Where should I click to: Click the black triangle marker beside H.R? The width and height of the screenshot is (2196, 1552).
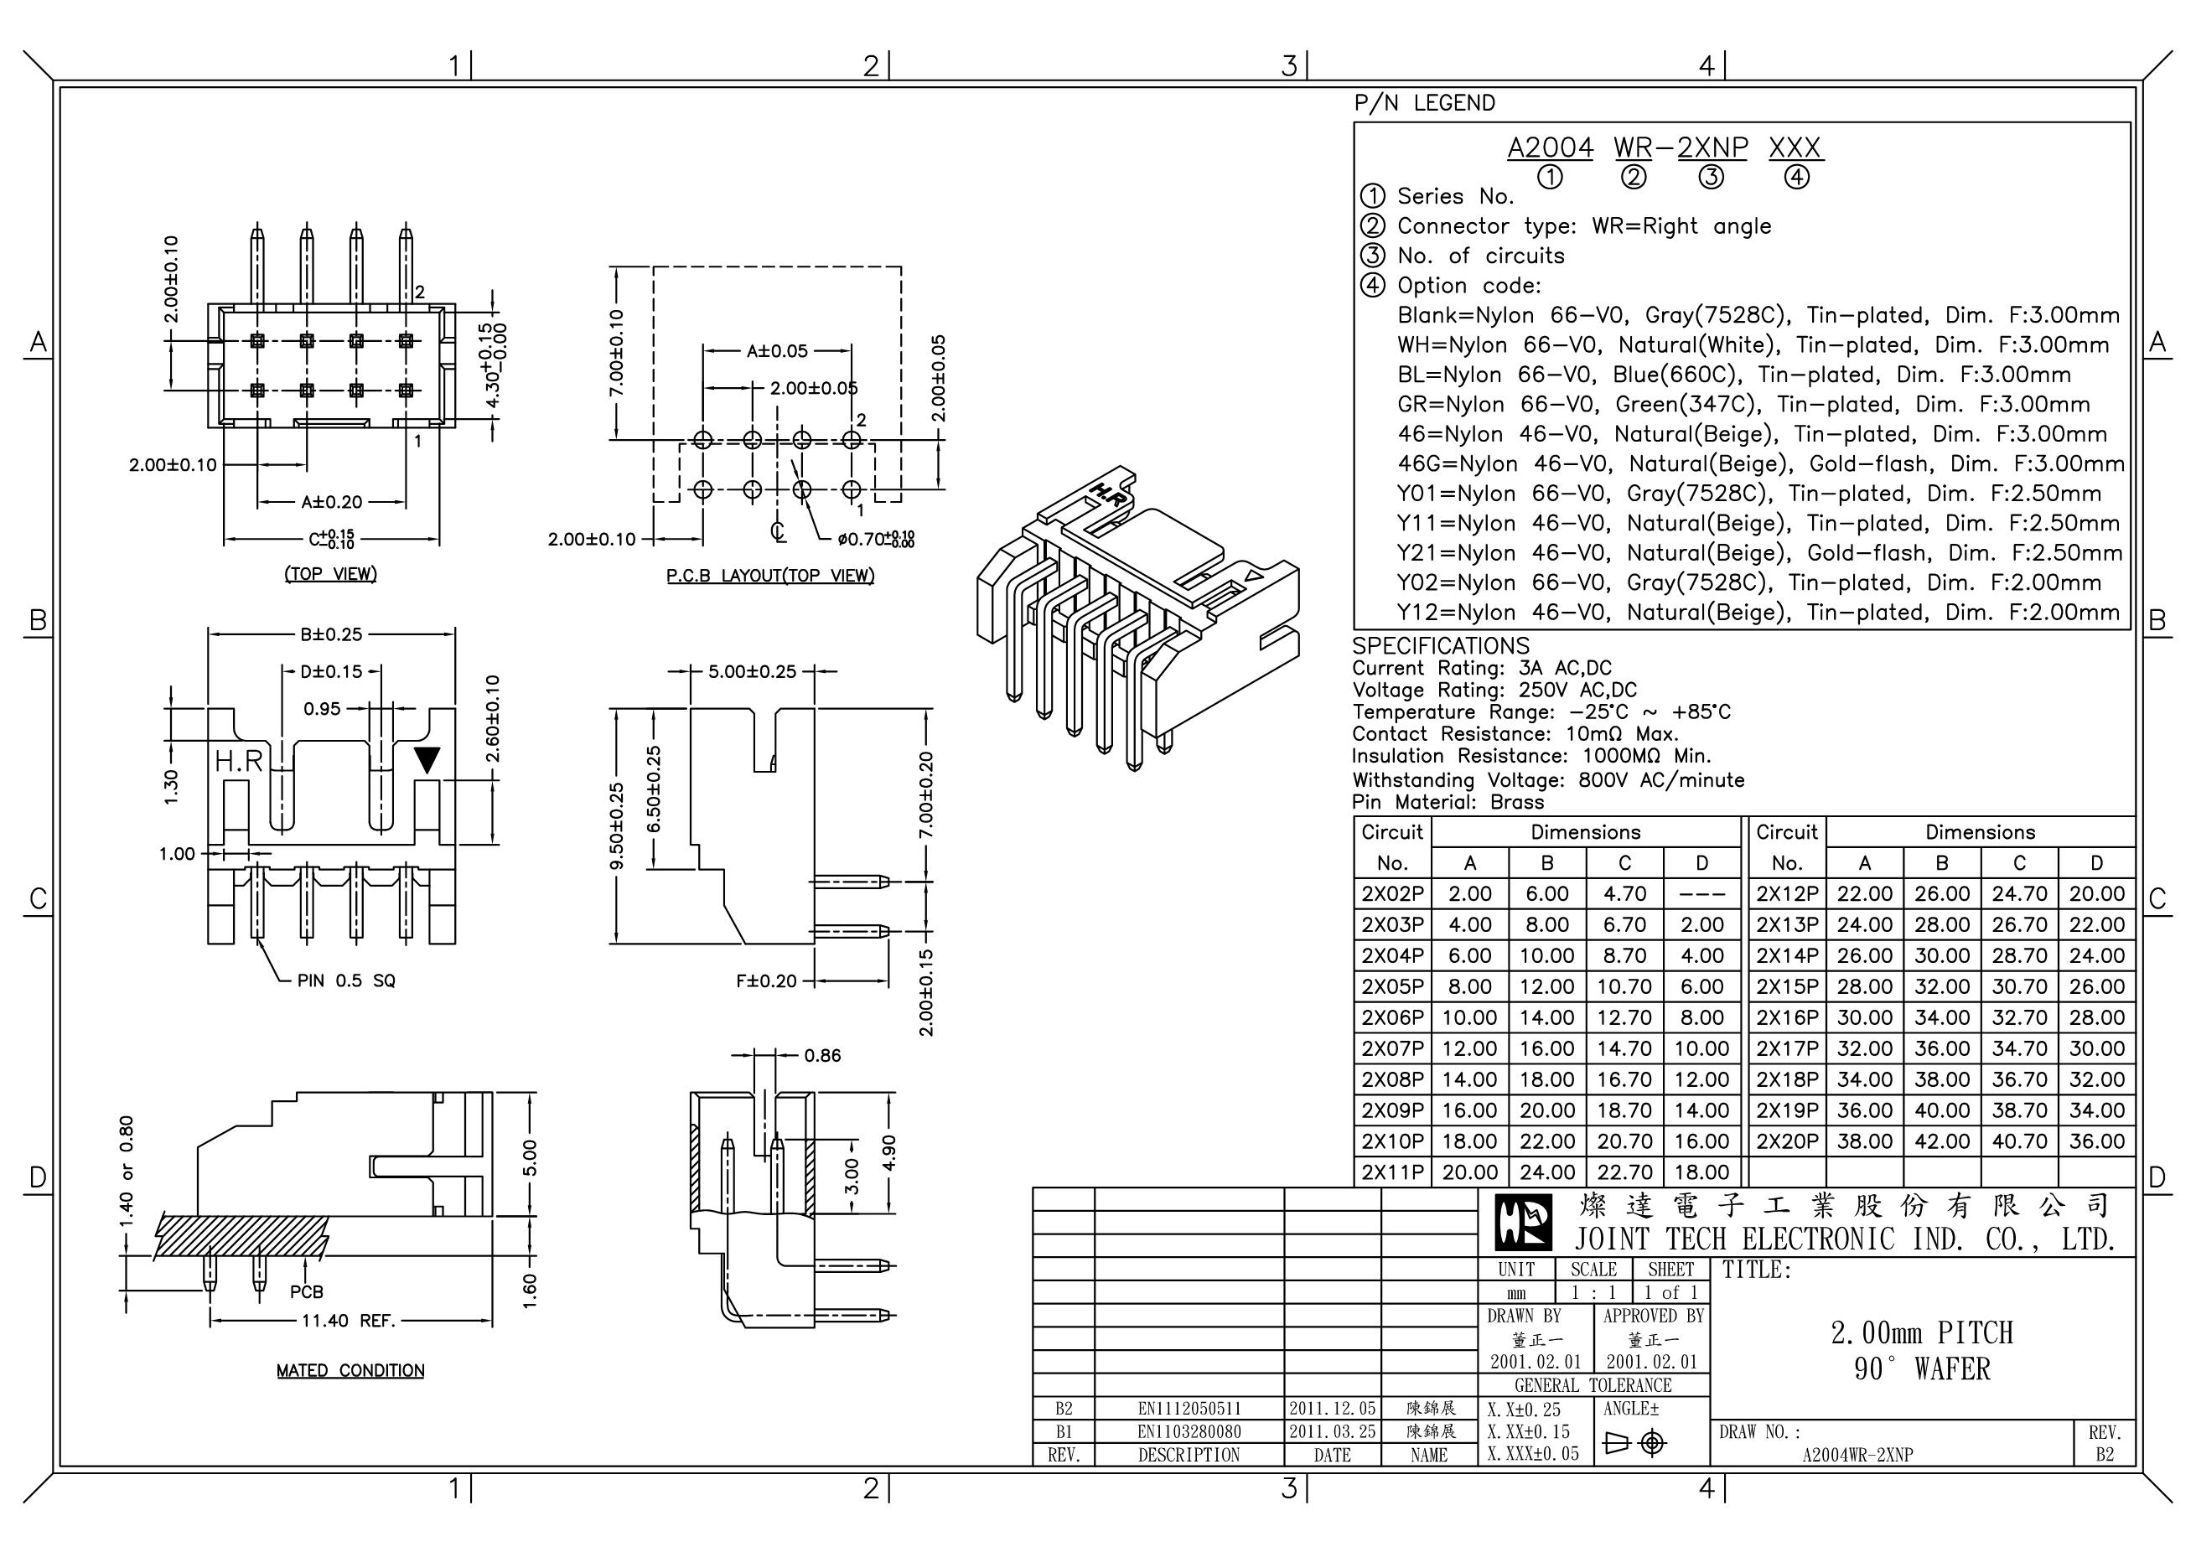click(x=427, y=759)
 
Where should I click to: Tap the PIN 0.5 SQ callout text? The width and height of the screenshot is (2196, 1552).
click(x=345, y=980)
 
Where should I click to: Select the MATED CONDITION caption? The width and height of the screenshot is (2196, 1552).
click(x=350, y=1370)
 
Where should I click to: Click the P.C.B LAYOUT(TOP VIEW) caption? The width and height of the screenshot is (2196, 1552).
click(x=770, y=575)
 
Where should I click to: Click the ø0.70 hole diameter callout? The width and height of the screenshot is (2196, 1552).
click(x=874, y=540)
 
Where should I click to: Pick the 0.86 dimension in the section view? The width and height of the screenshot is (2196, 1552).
click(x=821, y=1055)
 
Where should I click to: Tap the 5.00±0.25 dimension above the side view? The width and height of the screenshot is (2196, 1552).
click(x=752, y=671)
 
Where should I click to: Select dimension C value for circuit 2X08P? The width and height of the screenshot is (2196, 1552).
click(x=1624, y=1079)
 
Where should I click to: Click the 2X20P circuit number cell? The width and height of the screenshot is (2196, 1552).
click(x=1787, y=1141)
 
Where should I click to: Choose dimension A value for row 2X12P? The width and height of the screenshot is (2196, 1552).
click(x=1864, y=893)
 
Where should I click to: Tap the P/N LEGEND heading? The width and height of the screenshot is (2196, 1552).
click(x=1424, y=103)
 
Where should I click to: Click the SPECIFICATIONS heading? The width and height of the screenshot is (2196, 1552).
click(x=1441, y=645)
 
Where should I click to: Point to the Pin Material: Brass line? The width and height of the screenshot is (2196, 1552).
click(x=1448, y=802)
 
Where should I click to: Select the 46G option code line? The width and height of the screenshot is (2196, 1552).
click(x=1760, y=463)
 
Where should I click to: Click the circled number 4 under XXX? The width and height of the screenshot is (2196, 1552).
click(x=1796, y=177)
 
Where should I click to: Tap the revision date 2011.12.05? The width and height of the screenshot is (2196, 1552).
click(x=1331, y=1409)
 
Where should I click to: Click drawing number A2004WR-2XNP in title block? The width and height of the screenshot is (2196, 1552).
click(x=1857, y=1456)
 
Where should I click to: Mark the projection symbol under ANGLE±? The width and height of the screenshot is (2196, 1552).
click(x=1634, y=1442)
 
